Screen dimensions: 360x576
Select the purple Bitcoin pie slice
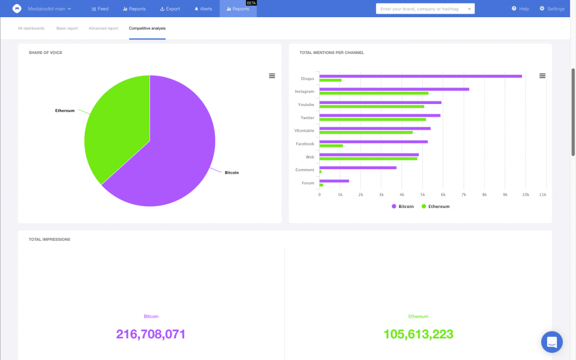tap(172, 151)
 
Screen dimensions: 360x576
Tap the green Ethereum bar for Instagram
tap(374, 93)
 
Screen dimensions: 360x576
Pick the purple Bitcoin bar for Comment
tap(358, 168)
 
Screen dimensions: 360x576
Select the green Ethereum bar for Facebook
tap(331, 146)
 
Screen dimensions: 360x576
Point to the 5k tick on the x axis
tap(422, 194)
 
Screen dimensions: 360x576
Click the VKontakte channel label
tap(304, 131)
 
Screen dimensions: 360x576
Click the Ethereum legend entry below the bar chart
tap(436, 207)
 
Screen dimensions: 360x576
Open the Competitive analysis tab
tap(147, 28)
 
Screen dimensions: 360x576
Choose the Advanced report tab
tap(103, 28)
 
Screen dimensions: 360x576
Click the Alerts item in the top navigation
tap(203, 9)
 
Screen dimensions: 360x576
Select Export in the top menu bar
tap(170, 9)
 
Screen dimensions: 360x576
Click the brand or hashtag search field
tap(422, 9)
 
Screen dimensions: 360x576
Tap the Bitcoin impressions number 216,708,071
tap(151, 334)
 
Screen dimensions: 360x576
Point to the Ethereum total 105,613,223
tap(418, 334)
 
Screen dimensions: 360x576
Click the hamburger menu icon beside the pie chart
tap(272, 76)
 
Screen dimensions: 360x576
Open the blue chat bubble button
tap(552, 342)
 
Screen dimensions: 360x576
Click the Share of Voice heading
tap(45, 53)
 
